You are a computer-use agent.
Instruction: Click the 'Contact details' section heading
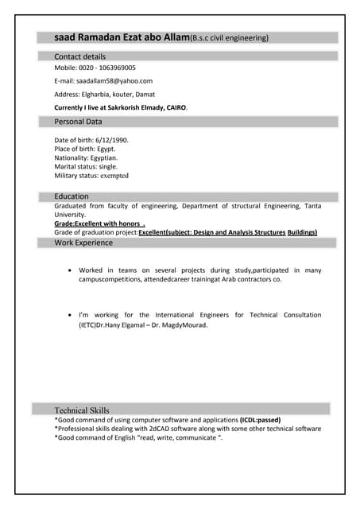[x=79, y=56]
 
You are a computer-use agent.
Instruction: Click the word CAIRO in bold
[x=176, y=107]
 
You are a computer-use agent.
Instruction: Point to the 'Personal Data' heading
[x=78, y=122]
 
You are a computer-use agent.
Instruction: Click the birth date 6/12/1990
[x=111, y=140]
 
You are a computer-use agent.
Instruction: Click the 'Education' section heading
[x=72, y=196]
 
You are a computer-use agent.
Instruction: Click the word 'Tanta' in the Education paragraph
[x=312, y=206]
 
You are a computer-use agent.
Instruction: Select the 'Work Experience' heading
[x=83, y=243]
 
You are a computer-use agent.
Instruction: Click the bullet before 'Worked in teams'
[x=71, y=271]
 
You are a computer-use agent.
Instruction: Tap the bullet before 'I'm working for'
[x=71, y=316]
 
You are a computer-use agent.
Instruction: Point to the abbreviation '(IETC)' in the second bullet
[x=93, y=325]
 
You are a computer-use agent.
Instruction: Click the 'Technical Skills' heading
[x=82, y=410]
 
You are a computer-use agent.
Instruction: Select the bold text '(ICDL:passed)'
[x=260, y=420]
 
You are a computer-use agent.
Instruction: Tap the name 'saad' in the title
[x=65, y=37]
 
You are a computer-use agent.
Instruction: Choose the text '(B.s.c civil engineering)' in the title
[x=230, y=38]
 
